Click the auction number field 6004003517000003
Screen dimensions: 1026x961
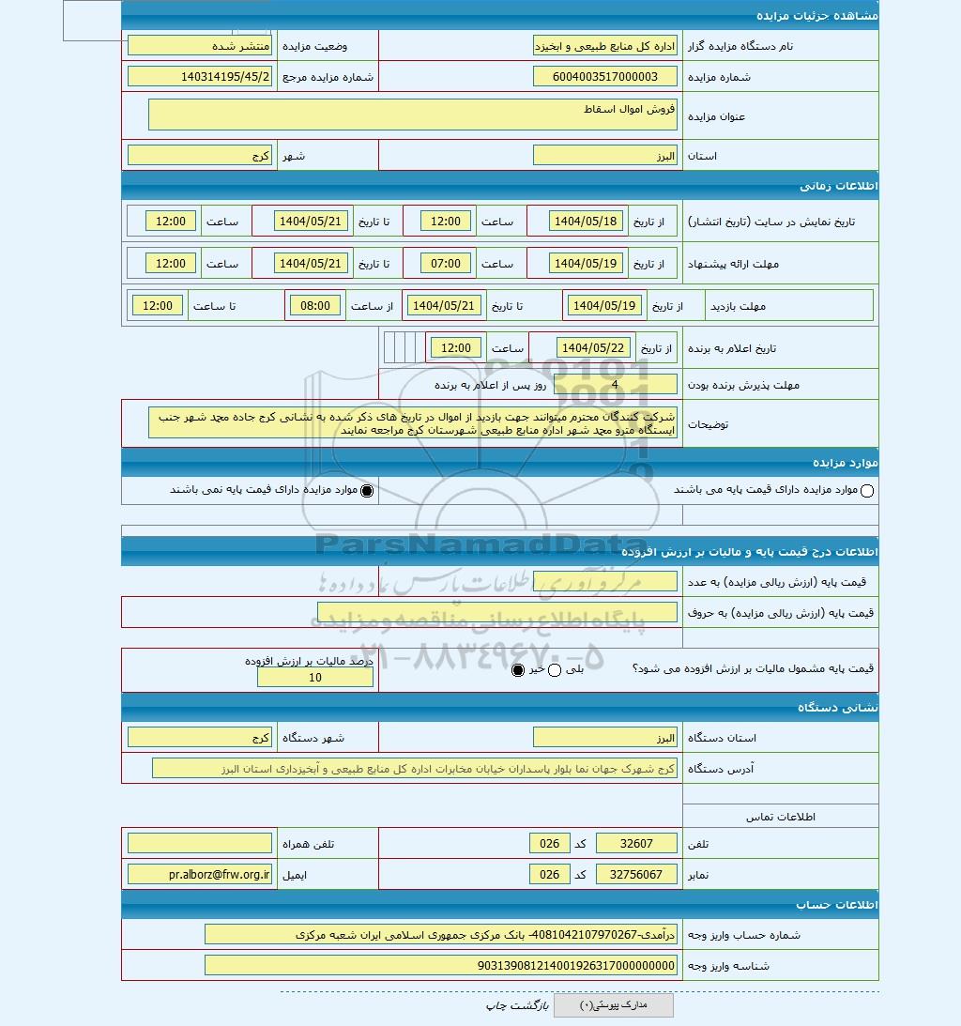604,77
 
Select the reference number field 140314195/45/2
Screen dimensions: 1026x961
200,77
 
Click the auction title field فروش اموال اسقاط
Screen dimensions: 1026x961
413,115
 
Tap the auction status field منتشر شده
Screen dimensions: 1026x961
200,45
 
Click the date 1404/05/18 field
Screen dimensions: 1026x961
586,222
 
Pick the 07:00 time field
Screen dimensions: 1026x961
446,264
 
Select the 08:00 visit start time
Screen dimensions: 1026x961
315,305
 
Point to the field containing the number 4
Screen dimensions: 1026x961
615,384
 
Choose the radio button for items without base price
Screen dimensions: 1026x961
367,490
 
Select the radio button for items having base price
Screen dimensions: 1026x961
866,490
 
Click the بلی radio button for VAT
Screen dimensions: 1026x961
554,670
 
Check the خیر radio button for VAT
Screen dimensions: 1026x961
518,670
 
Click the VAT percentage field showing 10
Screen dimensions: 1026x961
315,678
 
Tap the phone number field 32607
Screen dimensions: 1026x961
636,844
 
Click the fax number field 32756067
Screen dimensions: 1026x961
636,874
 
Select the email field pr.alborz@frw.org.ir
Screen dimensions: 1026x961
200,874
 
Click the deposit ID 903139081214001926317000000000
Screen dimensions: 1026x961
440,965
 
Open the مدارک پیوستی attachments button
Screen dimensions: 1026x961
614,1005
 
